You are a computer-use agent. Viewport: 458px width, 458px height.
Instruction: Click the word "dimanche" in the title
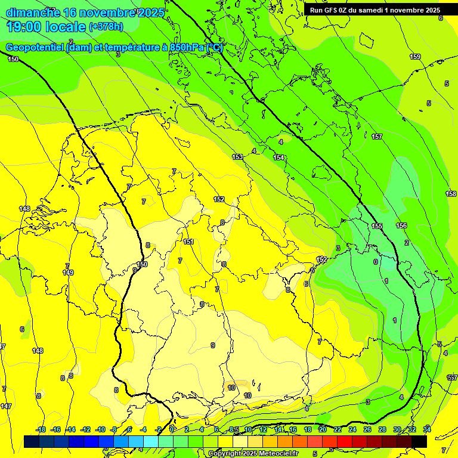click(x=33, y=12)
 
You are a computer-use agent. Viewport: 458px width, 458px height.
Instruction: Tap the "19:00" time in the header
click(x=25, y=26)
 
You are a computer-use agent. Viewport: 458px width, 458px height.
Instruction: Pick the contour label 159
click(x=415, y=57)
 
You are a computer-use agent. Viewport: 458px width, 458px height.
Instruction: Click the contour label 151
click(x=188, y=242)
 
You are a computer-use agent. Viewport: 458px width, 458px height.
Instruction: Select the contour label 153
click(x=237, y=157)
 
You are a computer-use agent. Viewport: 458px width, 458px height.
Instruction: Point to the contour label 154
click(x=278, y=157)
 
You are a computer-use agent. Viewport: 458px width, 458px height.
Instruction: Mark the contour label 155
click(x=377, y=226)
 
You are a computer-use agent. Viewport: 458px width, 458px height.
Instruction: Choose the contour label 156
click(x=401, y=225)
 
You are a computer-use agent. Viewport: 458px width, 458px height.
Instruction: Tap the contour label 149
click(x=68, y=273)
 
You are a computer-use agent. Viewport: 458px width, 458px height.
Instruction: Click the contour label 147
click(x=6, y=406)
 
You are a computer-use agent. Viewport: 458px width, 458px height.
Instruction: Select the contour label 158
click(x=451, y=194)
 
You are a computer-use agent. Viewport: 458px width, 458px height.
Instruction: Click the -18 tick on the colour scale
click(x=41, y=429)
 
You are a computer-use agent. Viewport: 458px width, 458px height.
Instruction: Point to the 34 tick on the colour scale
click(x=427, y=429)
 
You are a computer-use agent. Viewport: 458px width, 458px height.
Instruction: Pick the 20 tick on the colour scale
click(x=323, y=429)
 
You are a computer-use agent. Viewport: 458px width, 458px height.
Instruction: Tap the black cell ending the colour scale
click(x=419, y=441)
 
